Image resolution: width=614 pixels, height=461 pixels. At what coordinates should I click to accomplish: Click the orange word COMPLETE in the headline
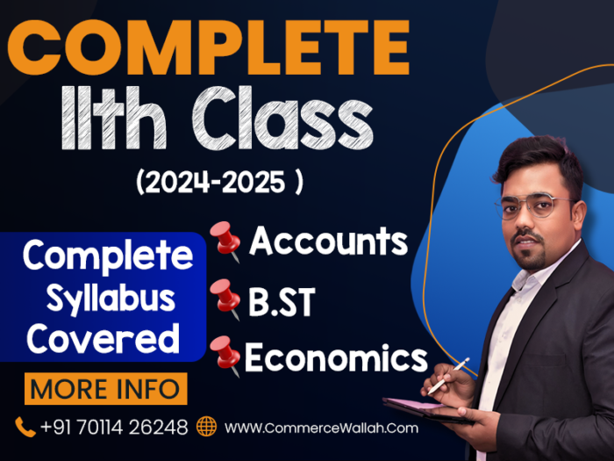click(x=209, y=47)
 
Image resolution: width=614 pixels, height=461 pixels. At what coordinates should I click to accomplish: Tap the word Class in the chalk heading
click(x=282, y=119)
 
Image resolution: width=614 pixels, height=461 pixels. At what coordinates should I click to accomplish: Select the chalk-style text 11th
click(x=114, y=118)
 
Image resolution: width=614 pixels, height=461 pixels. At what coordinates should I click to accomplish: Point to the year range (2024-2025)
click(x=219, y=182)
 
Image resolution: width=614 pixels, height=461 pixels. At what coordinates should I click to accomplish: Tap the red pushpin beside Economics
click(x=225, y=356)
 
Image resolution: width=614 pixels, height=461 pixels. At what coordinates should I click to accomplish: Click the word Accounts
click(x=329, y=241)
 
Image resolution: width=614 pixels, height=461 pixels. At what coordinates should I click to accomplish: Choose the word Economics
click(x=336, y=357)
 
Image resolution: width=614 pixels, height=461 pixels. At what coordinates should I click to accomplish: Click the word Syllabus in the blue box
click(x=111, y=299)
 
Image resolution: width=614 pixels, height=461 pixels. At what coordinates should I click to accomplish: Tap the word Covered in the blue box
click(x=103, y=339)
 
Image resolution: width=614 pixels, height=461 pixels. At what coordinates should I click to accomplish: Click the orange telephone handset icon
click(x=25, y=428)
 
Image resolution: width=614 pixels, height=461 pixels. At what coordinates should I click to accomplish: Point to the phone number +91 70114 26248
click(x=114, y=428)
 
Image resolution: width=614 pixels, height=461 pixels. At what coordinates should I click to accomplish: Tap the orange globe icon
click(x=206, y=427)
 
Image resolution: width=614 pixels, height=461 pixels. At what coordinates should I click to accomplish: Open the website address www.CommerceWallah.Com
click(x=322, y=428)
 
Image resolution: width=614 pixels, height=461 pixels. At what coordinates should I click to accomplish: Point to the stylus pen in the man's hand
click(x=449, y=376)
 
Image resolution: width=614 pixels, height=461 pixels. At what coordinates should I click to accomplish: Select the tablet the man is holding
click(x=428, y=410)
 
